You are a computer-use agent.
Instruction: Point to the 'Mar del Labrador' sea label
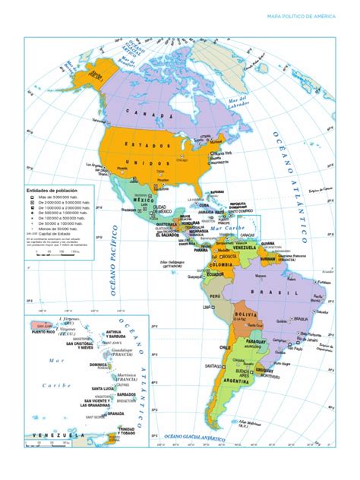click(x=240, y=101)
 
